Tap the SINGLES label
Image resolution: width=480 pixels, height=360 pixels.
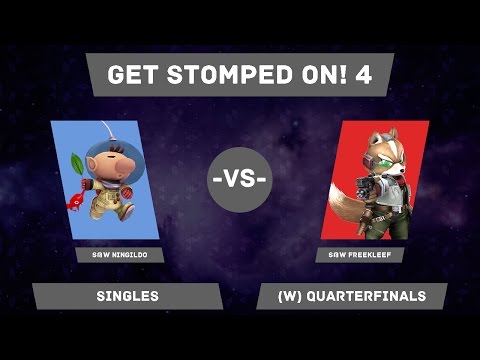click(x=127, y=296)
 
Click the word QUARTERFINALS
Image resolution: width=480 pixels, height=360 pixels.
click(x=370, y=296)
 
